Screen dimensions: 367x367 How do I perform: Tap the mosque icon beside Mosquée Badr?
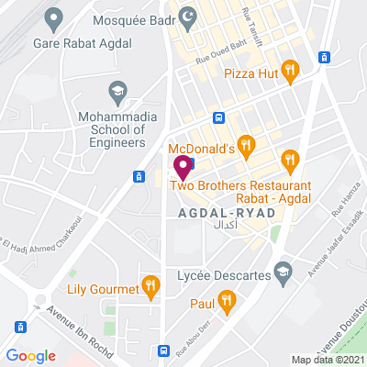click(190, 16)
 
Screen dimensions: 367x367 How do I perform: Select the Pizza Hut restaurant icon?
click(290, 68)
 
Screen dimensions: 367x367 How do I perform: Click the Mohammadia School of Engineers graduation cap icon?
click(117, 91)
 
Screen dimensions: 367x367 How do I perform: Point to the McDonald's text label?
click(202, 147)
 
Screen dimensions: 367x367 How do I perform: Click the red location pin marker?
click(182, 168)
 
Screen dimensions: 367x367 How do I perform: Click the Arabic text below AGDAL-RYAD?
click(225, 226)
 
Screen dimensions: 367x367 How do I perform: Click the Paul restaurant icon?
click(227, 301)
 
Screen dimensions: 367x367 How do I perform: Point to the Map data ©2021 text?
click(328, 359)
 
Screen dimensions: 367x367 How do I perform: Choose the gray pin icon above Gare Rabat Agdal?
click(54, 16)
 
